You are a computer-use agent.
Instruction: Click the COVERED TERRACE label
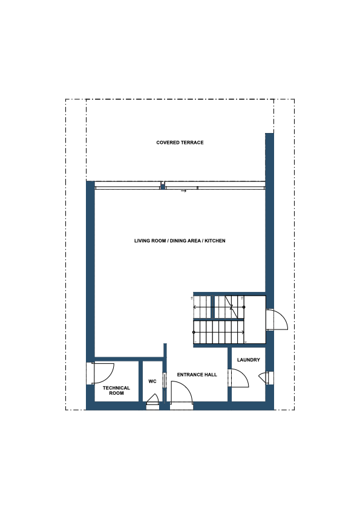pyautogui.click(x=180, y=143)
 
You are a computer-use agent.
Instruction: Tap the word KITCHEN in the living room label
pyautogui.click(x=214, y=241)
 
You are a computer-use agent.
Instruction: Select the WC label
pyautogui.click(x=152, y=381)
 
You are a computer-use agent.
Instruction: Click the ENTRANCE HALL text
pyautogui.click(x=197, y=375)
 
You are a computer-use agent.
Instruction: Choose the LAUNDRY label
pyautogui.click(x=249, y=360)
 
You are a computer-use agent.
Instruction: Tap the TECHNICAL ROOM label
pyautogui.click(x=116, y=391)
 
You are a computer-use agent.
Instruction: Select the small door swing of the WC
pyautogui.click(x=152, y=398)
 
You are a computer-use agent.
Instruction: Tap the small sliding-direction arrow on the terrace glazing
pyautogui.click(x=183, y=191)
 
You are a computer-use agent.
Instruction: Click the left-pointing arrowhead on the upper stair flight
pyautogui.click(x=195, y=306)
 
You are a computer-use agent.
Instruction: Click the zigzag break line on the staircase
pyautogui.click(x=231, y=306)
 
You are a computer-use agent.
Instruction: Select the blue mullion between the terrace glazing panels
pyautogui.click(x=163, y=186)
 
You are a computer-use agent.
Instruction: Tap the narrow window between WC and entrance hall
pyautogui.click(x=165, y=380)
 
